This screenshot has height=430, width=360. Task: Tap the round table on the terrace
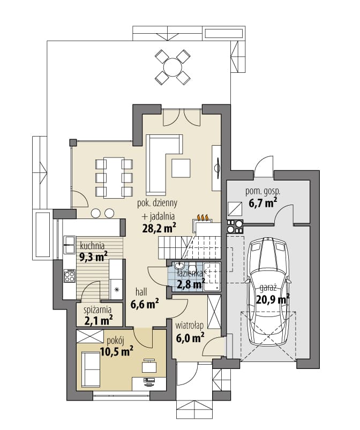click(172, 66)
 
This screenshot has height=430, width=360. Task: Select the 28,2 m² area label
click(159, 228)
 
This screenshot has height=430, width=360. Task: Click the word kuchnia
click(92, 245)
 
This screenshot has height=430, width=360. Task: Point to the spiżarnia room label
click(97, 310)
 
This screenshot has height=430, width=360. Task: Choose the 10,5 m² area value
click(116, 351)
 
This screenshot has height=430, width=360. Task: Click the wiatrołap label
click(189, 326)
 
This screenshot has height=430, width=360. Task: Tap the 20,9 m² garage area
click(273, 299)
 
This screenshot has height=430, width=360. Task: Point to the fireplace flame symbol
click(203, 217)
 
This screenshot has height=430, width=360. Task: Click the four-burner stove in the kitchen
click(69, 276)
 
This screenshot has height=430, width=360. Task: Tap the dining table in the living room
click(114, 177)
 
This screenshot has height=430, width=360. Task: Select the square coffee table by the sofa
click(181, 168)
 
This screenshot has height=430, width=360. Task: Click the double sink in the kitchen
click(69, 244)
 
